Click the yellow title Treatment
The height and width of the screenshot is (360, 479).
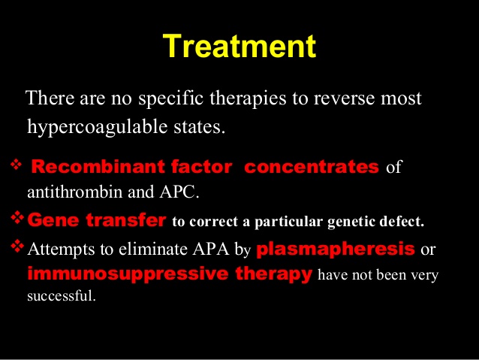(239, 46)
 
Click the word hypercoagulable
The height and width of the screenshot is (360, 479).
(98, 127)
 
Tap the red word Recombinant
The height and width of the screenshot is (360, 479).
(98, 167)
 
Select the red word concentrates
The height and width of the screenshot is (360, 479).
(312, 167)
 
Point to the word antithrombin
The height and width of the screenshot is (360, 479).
(75, 192)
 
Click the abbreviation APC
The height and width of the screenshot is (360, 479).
(179, 192)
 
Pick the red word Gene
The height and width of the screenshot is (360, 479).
(53, 220)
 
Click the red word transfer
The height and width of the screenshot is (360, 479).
(126, 220)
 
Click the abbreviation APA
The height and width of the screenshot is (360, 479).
(211, 249)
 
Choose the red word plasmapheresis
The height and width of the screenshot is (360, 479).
(336, 250)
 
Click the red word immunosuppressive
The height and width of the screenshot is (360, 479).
(128, 274)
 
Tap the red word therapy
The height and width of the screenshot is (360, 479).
(274, 274)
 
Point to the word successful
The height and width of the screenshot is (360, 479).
(62, 295)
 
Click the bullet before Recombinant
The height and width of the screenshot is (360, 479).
(17, 165)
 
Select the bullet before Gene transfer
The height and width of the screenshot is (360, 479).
(17, 217)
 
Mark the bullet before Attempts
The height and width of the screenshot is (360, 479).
(17, 247)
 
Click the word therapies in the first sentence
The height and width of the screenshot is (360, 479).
(248, 99)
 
